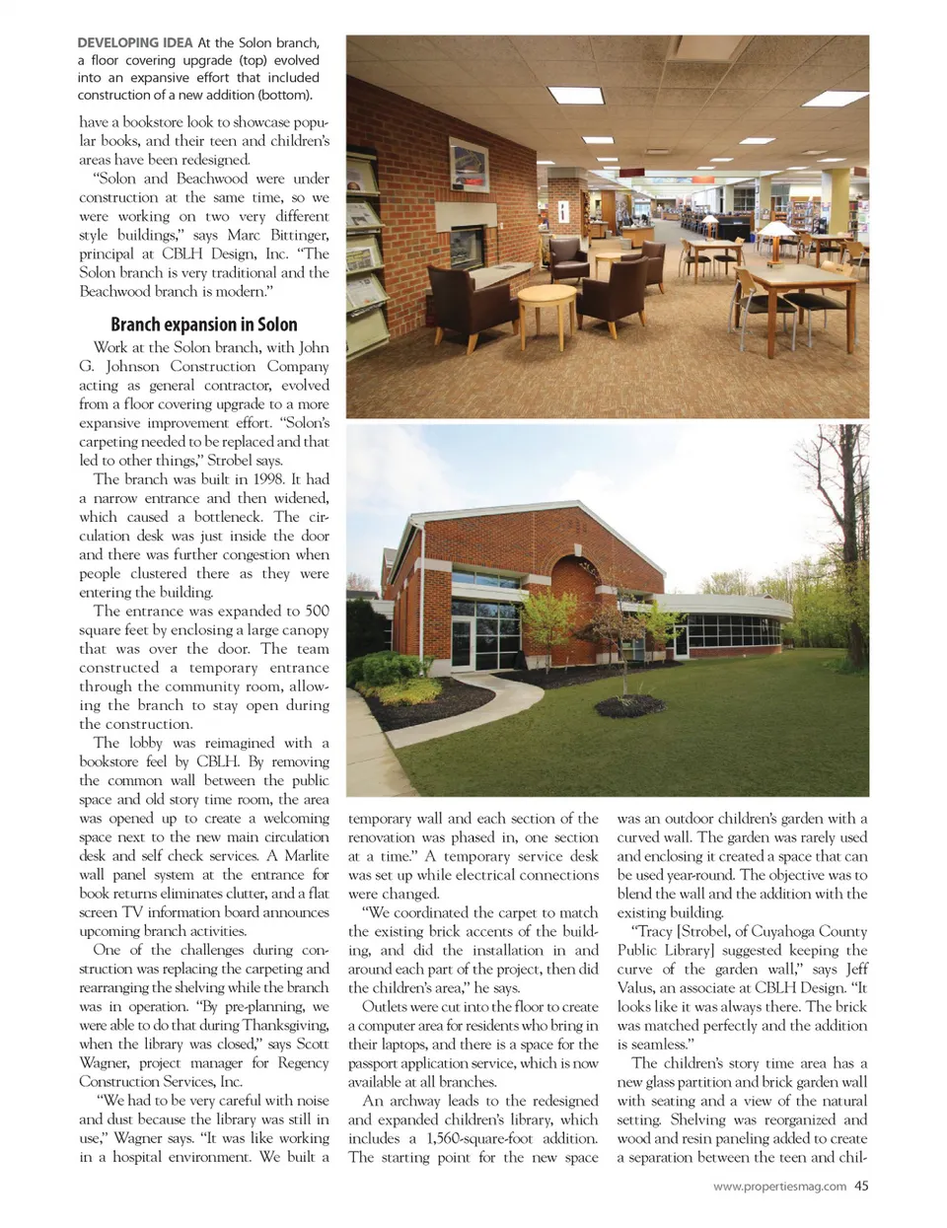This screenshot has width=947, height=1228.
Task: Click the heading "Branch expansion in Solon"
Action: tap(203, 325)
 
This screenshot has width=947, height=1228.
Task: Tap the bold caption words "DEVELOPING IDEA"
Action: tap(135, 42)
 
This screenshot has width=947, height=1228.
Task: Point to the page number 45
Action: tap(861, 1186)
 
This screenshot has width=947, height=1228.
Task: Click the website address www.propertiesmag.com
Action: tap(778, 1187)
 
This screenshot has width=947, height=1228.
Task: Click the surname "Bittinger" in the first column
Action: tap(293, 235)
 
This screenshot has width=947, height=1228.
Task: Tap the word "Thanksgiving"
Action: tap(286, 1025)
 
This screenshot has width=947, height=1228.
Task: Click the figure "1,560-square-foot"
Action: tap(479, 1138)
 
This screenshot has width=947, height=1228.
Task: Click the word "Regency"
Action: tap(303, 1062)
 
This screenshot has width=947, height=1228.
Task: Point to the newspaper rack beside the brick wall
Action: tap(364, 256)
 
